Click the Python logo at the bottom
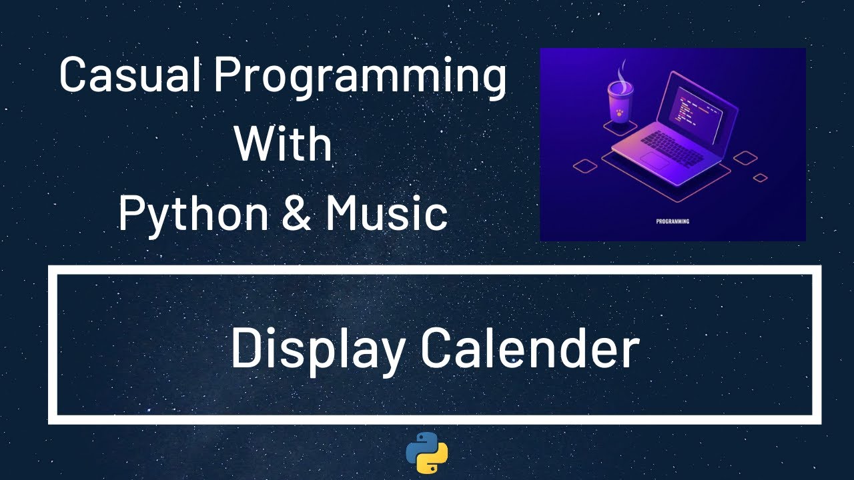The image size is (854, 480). pos(427,453)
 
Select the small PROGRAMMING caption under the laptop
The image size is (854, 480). pos(673,221)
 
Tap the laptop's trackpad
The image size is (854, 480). pos(655,161)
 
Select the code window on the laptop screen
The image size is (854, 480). pos(696,113)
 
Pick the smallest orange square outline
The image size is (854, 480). pos(760,178)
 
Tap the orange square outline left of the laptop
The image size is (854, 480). pos(584,165)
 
